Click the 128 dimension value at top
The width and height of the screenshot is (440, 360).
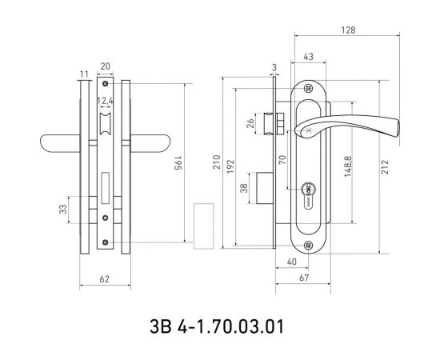348,30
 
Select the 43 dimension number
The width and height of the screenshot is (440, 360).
308,57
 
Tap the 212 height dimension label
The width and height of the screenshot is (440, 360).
385,166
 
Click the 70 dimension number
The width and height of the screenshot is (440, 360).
282,160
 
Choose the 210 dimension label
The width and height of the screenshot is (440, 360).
217,162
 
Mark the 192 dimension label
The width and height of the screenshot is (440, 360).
230,166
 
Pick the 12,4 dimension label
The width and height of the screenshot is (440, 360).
106,101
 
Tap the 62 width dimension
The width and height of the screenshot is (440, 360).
104,279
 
